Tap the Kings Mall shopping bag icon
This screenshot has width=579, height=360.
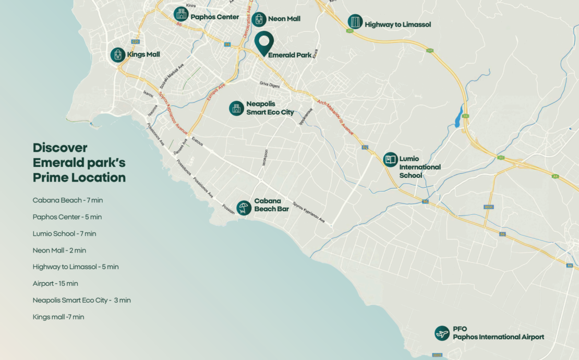coord(118,55)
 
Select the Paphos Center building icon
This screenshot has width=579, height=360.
coord(181,14)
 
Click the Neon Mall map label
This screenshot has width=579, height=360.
coord(284,19)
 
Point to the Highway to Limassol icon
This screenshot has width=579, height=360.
coord(355,22)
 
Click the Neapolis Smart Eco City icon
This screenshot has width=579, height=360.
coord(236,108)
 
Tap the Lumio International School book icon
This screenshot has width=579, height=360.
coord(390,159)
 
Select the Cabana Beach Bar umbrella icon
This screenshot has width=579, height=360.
coord(244,208)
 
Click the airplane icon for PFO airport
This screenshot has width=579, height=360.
coord(442,333)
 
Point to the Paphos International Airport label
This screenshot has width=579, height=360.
coord(498,337)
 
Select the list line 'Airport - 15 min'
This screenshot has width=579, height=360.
coord(55,284)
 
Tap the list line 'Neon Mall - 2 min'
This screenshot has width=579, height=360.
coord(59,250)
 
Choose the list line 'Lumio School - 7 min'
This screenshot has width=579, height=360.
coord(64,234)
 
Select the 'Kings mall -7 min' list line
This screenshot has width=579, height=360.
coord(58,317)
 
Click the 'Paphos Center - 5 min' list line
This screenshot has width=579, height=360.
coord(67,217)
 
